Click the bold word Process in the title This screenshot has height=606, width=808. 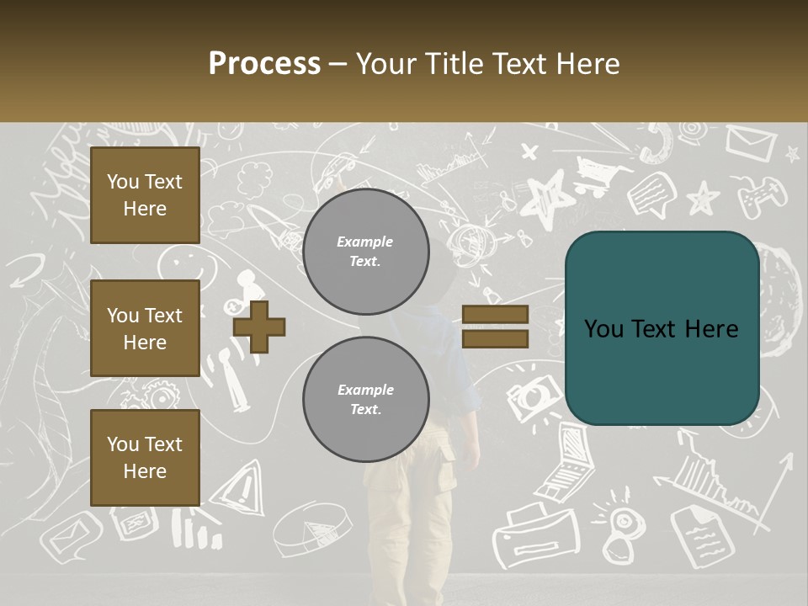coord(264,63)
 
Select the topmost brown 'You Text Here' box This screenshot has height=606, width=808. coord(145,195)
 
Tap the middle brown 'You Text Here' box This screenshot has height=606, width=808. coord(145,328)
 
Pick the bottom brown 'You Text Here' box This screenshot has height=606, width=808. coord(145,458)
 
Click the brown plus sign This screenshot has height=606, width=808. coord(259,326)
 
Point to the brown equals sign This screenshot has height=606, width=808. coord(495,327)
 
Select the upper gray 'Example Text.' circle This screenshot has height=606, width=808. coord(365,251)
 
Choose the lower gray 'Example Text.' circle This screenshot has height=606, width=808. coord(365,399)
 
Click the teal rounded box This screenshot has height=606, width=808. coord(662,328)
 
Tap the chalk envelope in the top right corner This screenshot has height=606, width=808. coord(751,143)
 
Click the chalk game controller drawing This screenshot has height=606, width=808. coord(762,197)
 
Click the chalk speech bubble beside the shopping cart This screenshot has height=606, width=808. coord(651,195)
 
